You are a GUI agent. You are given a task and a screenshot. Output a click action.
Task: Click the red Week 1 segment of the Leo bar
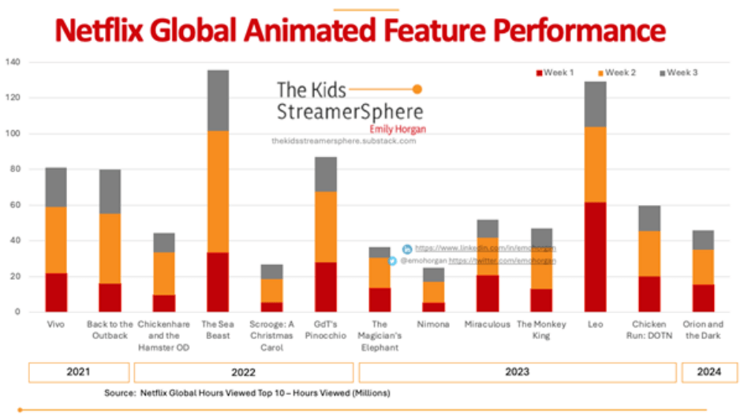tap(596, 257)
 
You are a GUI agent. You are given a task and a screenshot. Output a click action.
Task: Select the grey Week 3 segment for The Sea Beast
tap(218, 100)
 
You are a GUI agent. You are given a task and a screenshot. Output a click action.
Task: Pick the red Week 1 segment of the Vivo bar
tap(55, 293)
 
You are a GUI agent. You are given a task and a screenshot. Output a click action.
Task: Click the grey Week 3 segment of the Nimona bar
tap(433, 274)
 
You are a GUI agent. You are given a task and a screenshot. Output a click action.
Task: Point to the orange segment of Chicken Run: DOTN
tap(649, 253)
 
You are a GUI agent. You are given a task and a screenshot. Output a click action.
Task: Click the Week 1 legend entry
tap(555, 73)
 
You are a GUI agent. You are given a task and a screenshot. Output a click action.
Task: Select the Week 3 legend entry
tap(679, 73)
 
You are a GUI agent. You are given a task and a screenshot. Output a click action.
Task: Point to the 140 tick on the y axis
tap(13, 62)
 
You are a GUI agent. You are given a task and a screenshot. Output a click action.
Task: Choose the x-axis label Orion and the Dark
tap(703, 330)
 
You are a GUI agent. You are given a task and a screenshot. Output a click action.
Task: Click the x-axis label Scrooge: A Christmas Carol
tap(271, 335)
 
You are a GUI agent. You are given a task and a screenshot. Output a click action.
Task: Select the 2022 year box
tap(243, 372)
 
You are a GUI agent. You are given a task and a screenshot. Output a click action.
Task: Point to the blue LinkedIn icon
tap(406, 249)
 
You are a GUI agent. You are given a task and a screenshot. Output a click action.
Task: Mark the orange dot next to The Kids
tap(417, 89)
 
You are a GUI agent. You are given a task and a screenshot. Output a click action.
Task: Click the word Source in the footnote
tap(119, 392)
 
